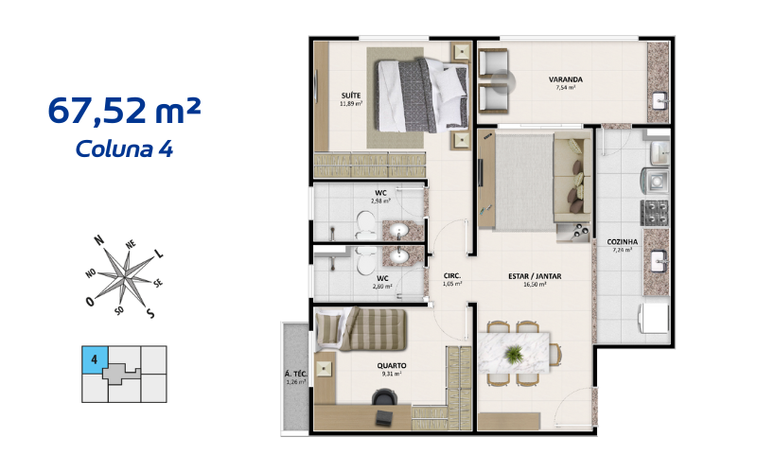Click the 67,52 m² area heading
pos(123,112)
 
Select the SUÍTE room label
pos(350,96)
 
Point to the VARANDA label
pos(565,79)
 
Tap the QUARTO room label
pos(392,365)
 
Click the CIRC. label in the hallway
pos(451,275)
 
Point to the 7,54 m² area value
pos(566,88)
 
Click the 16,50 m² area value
pos(536,284)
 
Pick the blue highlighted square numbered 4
pos(95,358)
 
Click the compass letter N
pos(99,241)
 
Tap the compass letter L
pos(158,254)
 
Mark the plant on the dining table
pos(514,353)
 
